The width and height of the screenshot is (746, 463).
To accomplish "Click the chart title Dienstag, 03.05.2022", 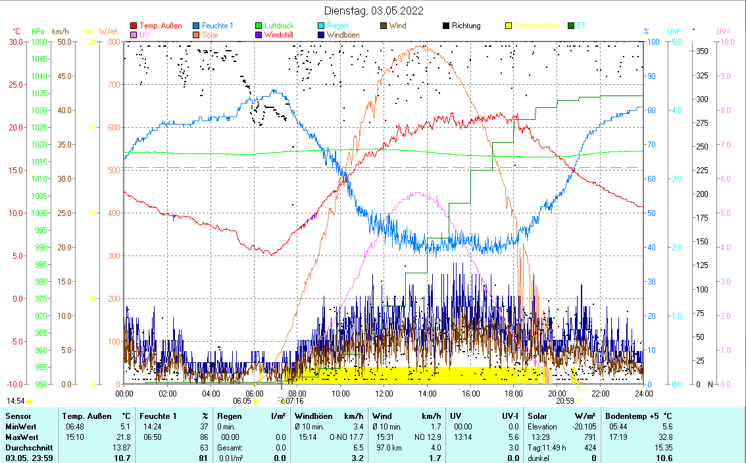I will click(374, 11).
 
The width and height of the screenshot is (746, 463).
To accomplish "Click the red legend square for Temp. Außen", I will click(134, 26).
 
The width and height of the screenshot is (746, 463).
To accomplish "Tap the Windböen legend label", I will click(343, 35).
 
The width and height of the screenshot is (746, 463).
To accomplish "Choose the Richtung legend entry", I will click(466, 26).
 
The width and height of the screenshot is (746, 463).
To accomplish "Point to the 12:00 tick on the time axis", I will click(384, 393).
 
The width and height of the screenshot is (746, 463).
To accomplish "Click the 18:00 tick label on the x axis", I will click(514, 393).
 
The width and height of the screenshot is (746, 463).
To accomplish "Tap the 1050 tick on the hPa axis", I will click(38, 42).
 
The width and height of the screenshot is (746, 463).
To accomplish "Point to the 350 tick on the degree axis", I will click(702, 51).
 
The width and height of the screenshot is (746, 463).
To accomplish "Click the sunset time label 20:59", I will click(564, 400).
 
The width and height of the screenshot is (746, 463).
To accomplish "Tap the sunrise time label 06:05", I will click(242, 400).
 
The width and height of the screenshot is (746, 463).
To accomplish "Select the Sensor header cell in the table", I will click(18, 416).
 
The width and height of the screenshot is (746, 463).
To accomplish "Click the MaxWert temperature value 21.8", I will click(123, 437).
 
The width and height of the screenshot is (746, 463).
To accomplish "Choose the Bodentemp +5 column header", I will click(638, 416).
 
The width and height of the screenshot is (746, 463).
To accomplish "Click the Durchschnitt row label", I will click(26, 447).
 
